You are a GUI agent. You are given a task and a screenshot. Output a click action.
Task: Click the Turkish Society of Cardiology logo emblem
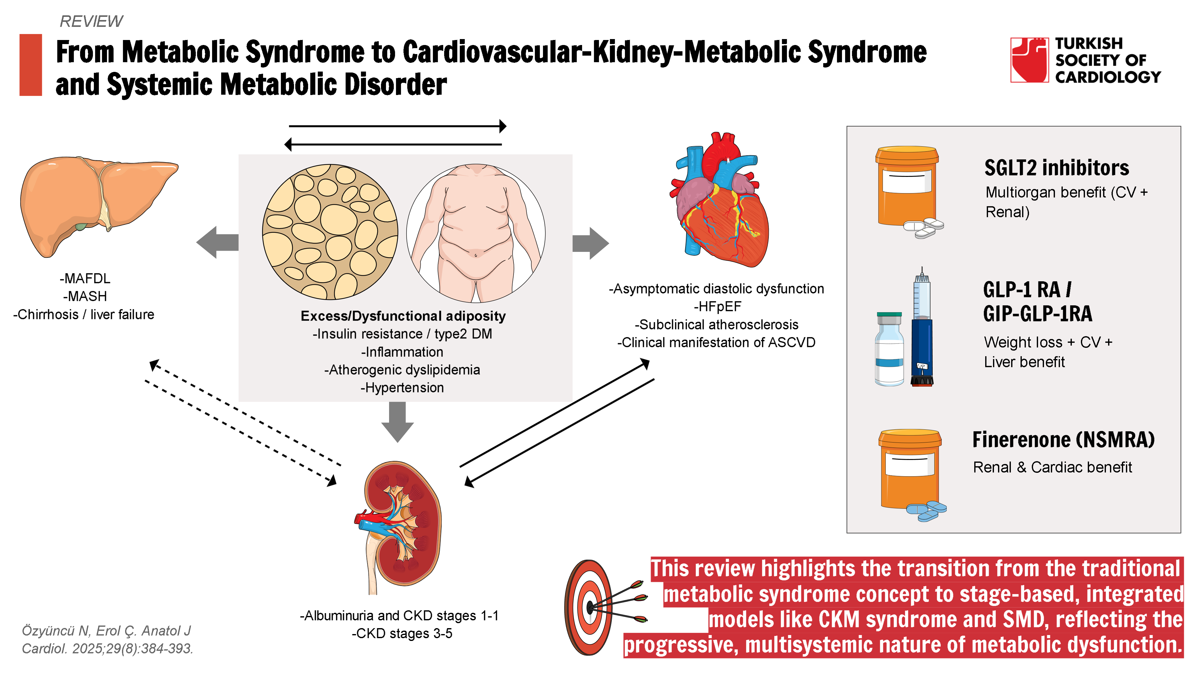1029,60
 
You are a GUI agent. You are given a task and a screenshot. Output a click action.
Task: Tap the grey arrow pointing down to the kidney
397,422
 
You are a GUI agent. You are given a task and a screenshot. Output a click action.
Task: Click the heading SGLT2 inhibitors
1057,168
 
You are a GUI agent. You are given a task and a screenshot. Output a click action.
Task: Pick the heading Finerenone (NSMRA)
1063,440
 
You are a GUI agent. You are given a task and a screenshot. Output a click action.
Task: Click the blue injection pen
922,331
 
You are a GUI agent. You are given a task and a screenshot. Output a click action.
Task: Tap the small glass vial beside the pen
889,349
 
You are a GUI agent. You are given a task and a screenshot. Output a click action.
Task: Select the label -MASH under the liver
85,296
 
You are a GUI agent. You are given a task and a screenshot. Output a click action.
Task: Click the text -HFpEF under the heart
717,307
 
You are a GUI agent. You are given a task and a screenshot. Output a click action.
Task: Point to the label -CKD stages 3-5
402,633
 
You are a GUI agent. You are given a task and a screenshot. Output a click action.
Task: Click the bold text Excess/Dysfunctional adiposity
403,316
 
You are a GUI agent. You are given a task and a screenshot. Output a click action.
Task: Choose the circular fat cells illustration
330,232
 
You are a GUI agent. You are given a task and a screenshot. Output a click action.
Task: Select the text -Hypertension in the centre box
402,387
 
